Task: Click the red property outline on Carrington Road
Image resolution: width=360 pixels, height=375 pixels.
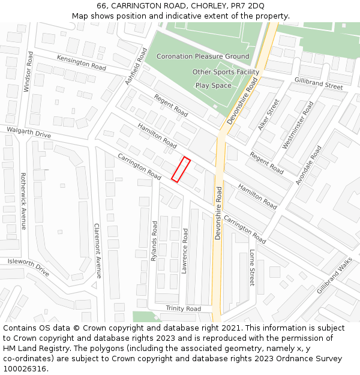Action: (x=181, y=169)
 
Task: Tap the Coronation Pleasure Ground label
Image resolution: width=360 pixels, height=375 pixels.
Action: (x=203, y=56)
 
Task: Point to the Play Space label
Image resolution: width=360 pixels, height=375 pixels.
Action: (x=213, y=85)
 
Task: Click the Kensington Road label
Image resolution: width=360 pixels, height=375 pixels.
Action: (x=81, y=61)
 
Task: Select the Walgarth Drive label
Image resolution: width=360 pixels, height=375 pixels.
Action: (x=29, y=133)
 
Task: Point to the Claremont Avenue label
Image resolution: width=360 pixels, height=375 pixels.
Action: (x=98, y=251)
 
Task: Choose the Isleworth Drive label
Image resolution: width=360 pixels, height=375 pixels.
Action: (x=28, y=266)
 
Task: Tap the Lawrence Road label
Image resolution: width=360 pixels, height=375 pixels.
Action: (x=185, y=251)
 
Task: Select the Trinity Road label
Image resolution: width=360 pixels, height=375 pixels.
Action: (x=183, y=308)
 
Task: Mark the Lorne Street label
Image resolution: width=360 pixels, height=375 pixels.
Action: (x=252, y=268)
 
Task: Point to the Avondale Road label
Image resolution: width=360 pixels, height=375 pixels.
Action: (x=309, y=164)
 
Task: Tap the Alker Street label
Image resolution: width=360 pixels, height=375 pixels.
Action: (x=269, y=115)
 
